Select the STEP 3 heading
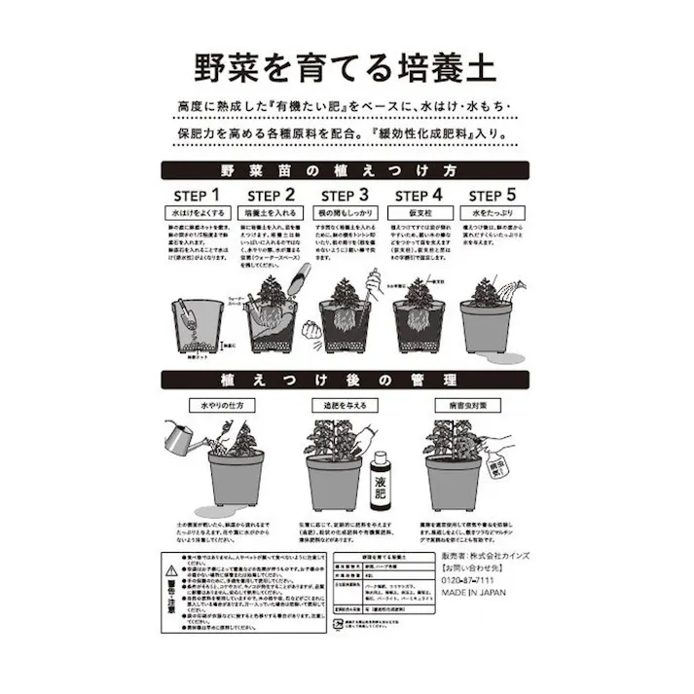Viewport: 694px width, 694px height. click(x=343, y=195)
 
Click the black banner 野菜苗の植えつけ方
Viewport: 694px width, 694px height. click(x=347, y=168)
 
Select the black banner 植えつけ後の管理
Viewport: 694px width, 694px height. click(x=347, y=380)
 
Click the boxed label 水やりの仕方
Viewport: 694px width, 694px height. click(x=201, y=403)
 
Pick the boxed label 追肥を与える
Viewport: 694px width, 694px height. click(x=337, y=403)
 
